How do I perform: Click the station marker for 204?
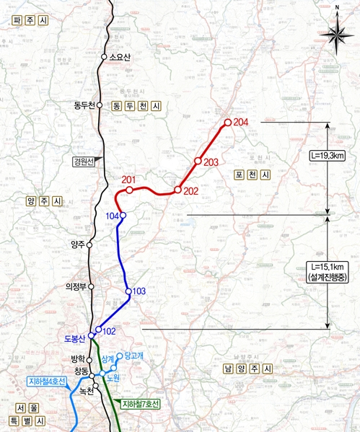tap(227, 123)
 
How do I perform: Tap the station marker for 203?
tap(197, 161)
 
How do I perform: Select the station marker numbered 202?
tap(177, 190)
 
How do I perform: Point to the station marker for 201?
tap(129, 190)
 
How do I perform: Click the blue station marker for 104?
tap(123, 215)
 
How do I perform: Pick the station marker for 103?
tap(128, 291)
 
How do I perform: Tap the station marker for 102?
tap(98, 330)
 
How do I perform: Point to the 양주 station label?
tap(77, 244)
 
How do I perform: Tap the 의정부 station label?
tap(75, 286)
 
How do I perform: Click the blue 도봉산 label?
tap(75, 338)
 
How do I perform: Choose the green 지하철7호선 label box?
tap(141, 402)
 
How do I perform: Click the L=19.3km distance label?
tap(325, 154)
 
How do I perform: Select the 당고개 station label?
tap(135, 355)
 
